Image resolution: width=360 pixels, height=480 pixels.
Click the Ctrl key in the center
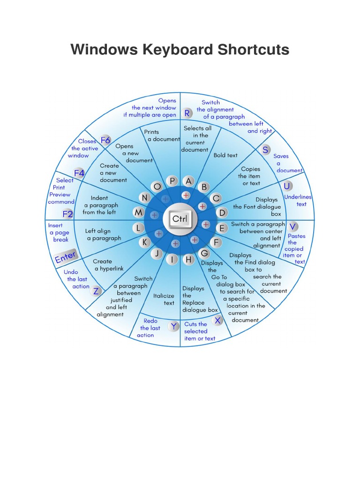tap(180, 219)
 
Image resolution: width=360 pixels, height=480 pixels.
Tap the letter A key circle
tap(189, 181)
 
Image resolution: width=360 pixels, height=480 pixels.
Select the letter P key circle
tap(172, 181)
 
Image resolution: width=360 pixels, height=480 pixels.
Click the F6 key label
tap(105, 140)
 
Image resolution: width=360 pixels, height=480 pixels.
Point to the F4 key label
tap(79, 173)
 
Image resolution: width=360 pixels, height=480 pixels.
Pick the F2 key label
tap(68, 214)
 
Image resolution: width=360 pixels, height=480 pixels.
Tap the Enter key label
tap(66, 257)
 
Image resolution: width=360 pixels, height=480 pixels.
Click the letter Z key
tap(96, 291)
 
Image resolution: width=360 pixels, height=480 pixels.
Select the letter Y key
tap(174, 326)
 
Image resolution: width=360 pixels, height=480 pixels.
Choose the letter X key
tap(217, 321)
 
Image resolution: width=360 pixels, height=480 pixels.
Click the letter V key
tap(293, 226)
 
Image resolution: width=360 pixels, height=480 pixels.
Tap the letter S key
tap(266, 150)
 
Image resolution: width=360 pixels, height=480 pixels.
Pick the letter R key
tap(187, 113)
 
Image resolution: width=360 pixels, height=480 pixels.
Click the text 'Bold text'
tap(225, 155)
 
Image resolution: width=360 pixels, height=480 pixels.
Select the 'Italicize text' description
tap(164, 299)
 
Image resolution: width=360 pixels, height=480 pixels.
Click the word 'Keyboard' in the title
tap(180, 49)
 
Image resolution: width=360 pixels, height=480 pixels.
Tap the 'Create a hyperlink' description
tap(109, 265)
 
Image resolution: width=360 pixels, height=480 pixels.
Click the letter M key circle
tap(139, 213)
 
